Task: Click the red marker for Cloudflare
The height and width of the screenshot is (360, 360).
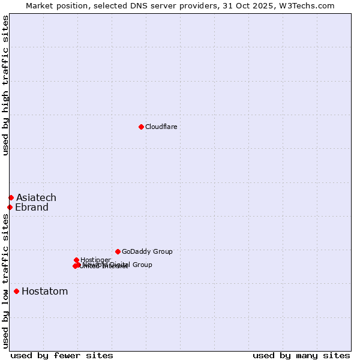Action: click(x=141, y=127)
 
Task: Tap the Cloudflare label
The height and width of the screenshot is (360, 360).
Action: click(x=161, y=127)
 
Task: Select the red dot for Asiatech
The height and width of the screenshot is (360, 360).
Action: click(x=11, y=197)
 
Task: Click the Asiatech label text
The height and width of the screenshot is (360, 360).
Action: click(x=36, y=197)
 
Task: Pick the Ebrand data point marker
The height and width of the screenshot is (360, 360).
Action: click(x=10, y=208)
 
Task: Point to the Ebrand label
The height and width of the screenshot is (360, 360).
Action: click(x=31, y=208)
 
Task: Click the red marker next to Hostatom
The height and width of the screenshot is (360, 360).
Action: click(x=16, y=292)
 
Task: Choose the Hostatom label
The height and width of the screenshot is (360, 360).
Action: click(x=44, y=292)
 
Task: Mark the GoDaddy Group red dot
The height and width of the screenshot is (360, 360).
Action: click(x=118, y=251)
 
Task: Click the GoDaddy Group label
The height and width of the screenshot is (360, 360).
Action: click(x=147, y=251)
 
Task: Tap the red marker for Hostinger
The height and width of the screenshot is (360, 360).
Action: click(x=76, y=260)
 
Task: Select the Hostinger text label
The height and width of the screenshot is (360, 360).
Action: click(x=95, y=260)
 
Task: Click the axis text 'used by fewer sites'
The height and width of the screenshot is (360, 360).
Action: click(x=62, y=355)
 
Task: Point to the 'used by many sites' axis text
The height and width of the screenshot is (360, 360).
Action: click(x=301, y=355)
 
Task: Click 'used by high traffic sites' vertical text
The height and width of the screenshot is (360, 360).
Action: click(x=5, y=85)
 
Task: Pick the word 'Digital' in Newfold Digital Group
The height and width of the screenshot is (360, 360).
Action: click(x=121, y=265)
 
